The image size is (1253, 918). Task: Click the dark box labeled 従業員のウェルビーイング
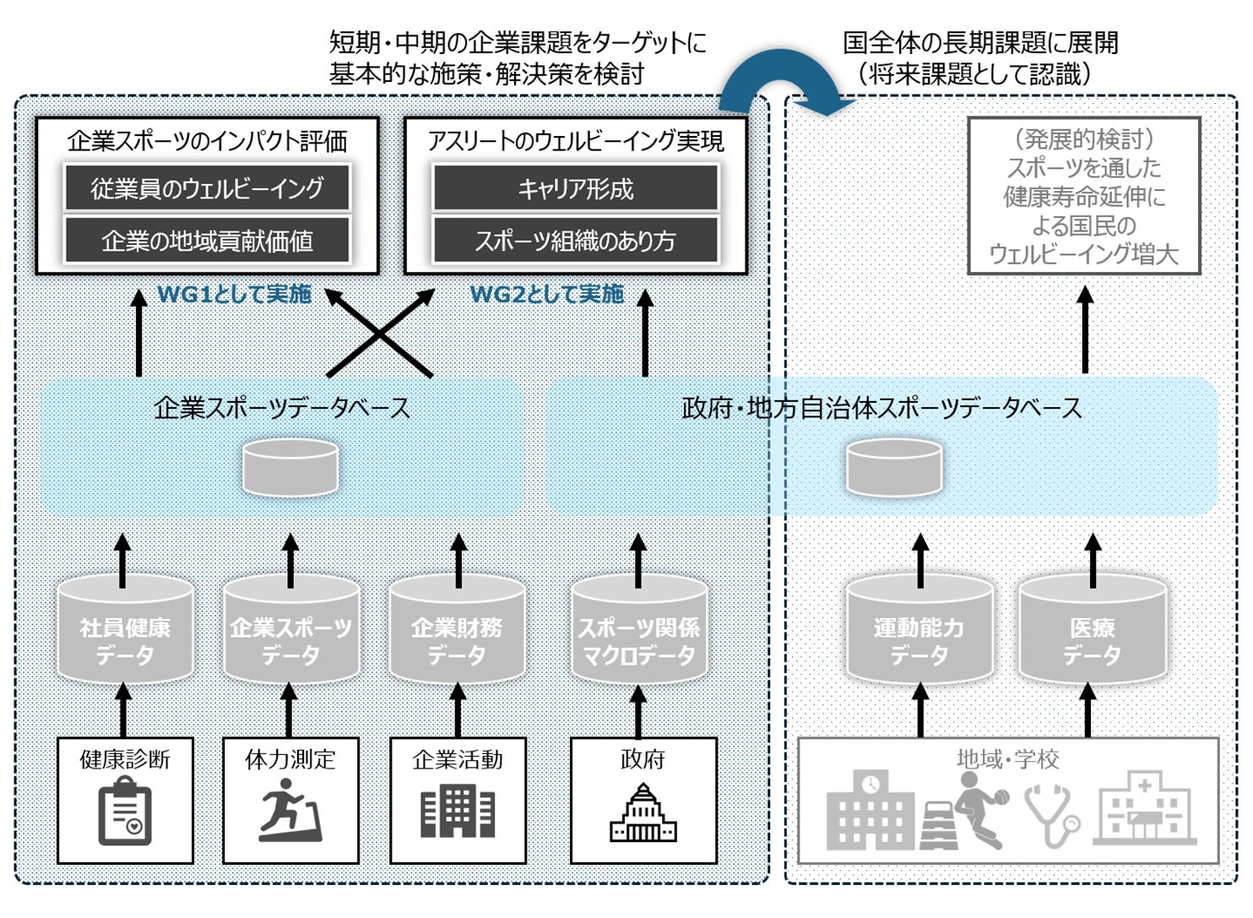pos(207,187)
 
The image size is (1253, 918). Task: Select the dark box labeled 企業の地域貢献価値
pos(207,241)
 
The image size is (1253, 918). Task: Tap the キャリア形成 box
pos(576,187)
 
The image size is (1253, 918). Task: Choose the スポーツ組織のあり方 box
pos(576,241)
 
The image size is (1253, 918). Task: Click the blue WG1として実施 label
pos(234,294)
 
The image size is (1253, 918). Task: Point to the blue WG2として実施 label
pos(546,294)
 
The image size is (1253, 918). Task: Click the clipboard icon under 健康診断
pos(125,813)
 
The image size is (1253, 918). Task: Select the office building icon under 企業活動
pos(458,811)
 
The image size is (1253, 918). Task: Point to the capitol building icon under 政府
pos(643,812)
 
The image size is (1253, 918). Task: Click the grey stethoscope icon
pos(1052,815)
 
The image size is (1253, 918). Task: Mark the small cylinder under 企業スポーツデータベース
pos(290,467)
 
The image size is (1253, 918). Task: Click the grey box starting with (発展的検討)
pos(1083,196)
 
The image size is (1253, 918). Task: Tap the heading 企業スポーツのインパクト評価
pos(207,141)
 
